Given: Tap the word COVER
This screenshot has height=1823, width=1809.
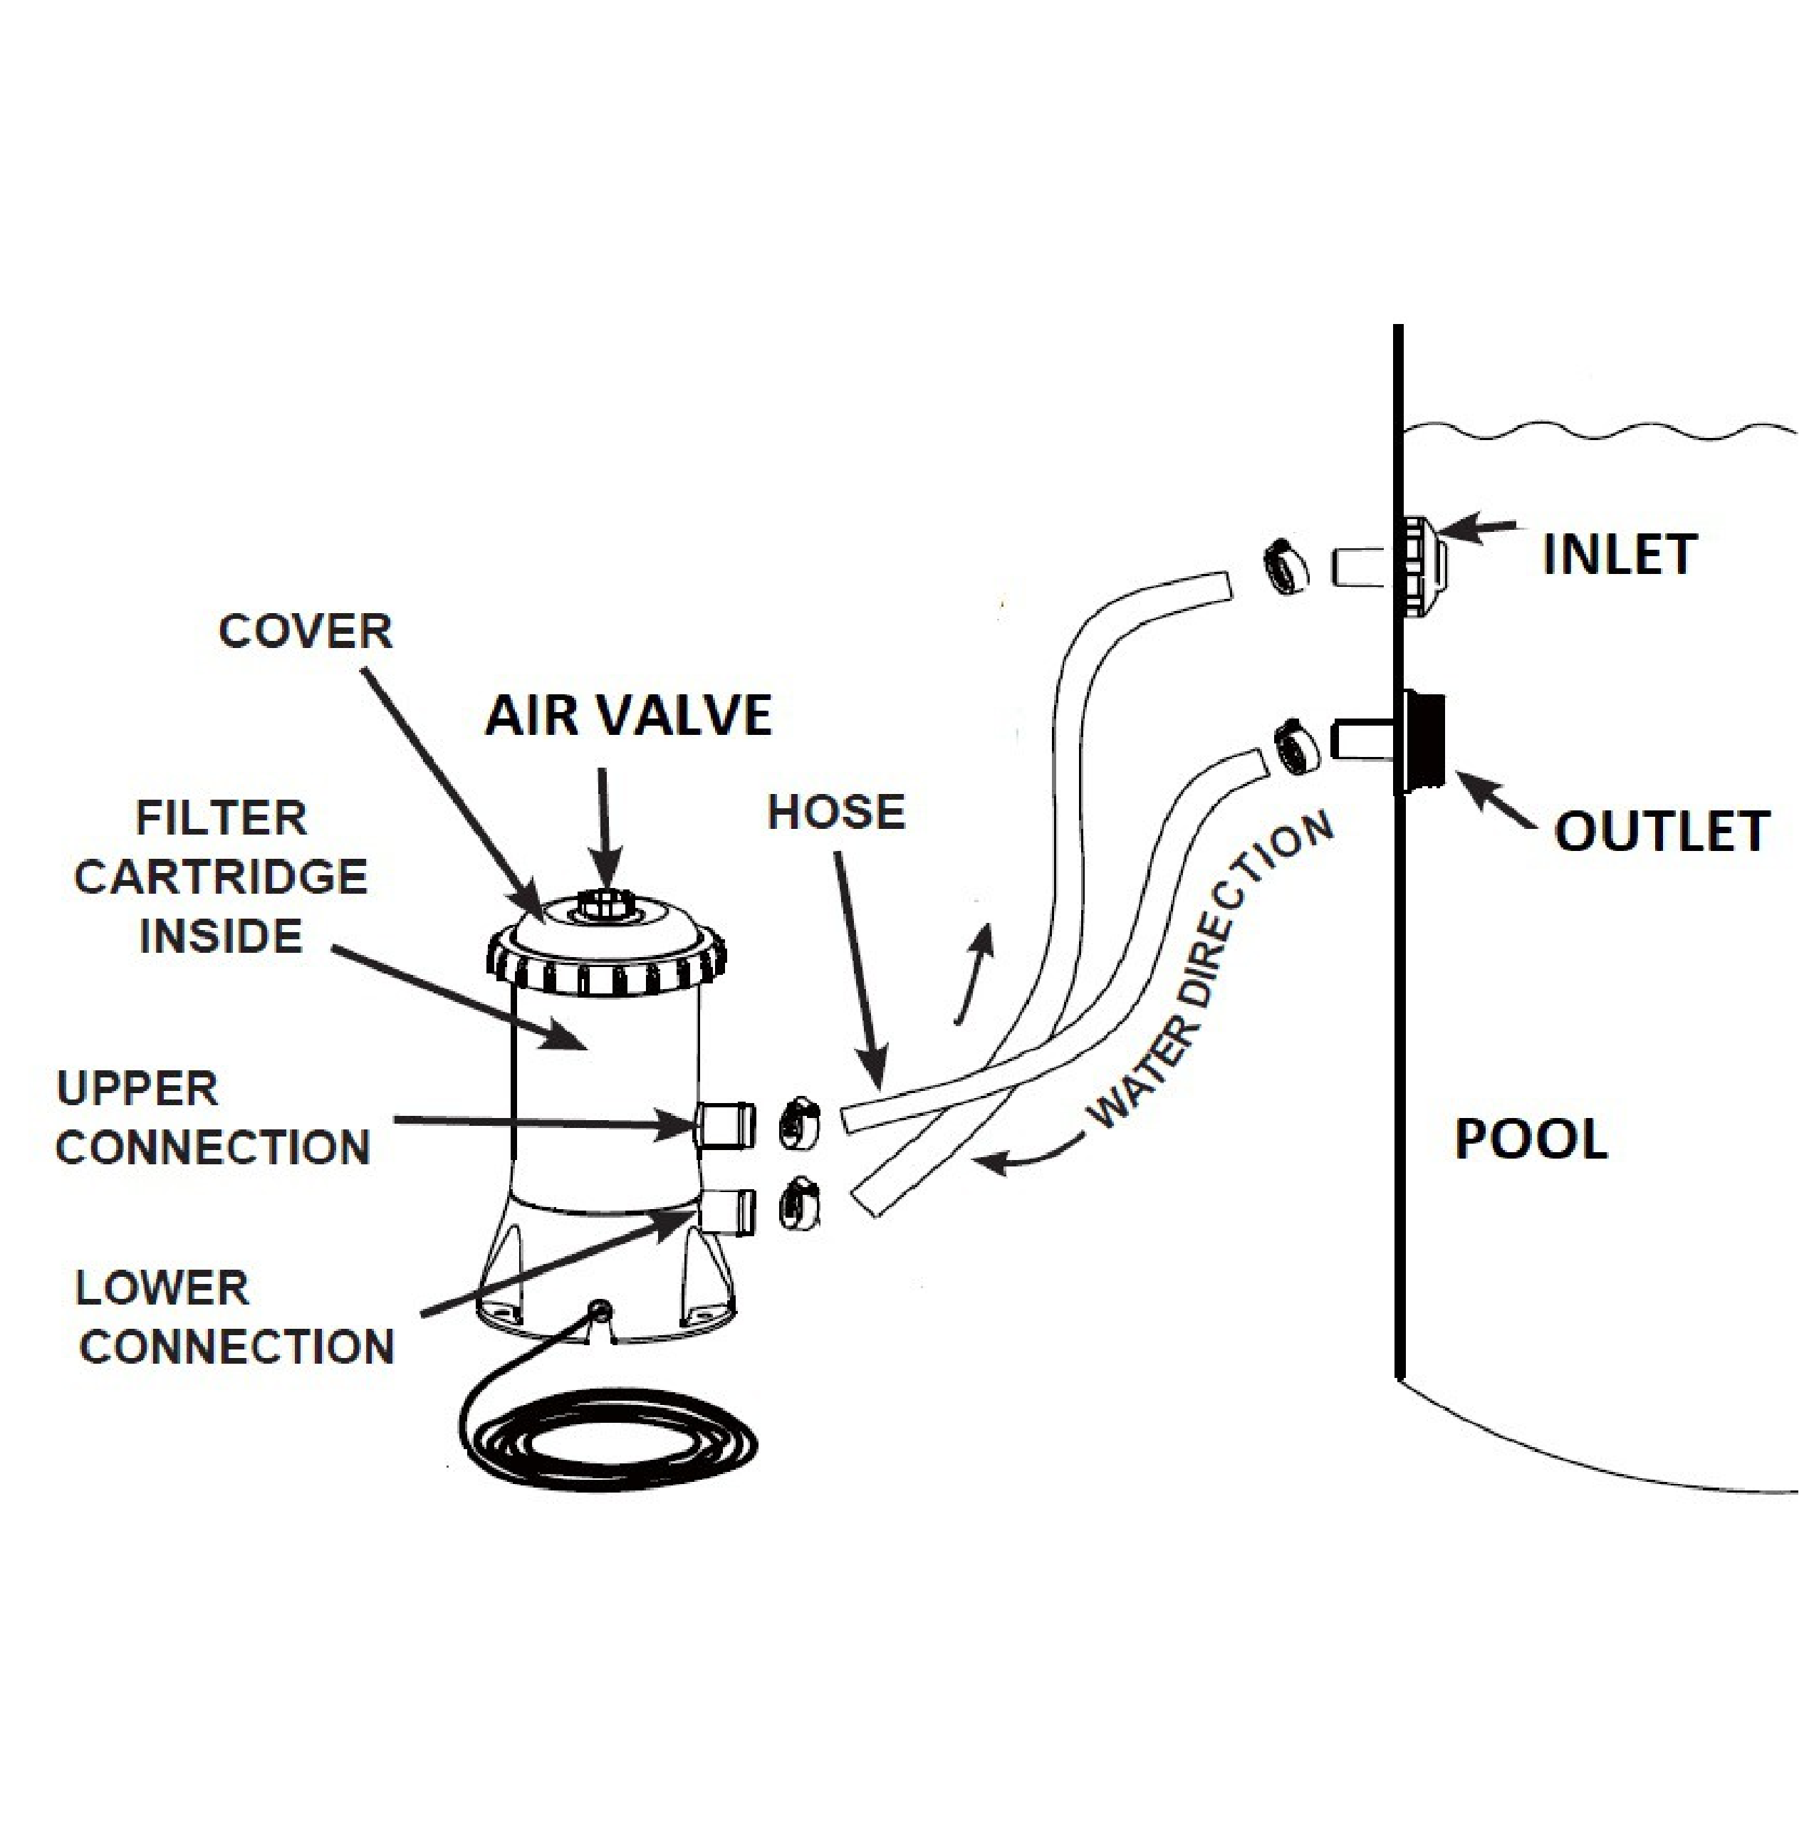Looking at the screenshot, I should pos(305,631).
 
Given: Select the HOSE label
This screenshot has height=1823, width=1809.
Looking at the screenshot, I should pos(836,813).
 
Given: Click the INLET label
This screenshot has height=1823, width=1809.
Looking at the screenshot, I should pos(1620,555).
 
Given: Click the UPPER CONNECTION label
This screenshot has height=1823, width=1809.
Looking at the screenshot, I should pos(212,1118).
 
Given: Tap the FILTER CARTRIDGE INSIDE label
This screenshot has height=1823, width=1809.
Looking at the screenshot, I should pos(221,877).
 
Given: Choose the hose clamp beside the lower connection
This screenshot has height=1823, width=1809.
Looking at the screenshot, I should pos(799,1205).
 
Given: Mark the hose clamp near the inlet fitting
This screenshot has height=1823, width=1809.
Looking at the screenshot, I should pos(1286,566).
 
